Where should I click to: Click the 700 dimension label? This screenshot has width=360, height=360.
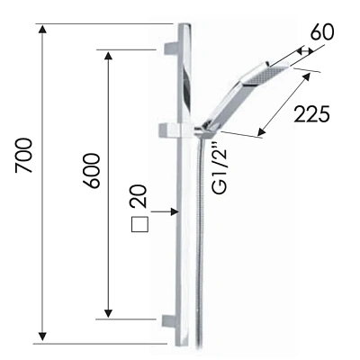click(x=23, y=156)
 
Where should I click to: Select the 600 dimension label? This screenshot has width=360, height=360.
click(x=91, y=171)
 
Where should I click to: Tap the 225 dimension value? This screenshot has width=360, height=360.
click(x=311, y=114)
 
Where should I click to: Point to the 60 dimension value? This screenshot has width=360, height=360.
click(x=322, y=32)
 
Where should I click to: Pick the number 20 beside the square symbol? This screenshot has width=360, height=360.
click(x=139, y=196)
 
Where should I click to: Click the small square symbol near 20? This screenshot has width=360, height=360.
click(x=139, y=224)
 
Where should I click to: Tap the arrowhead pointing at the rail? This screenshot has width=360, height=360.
click(x=175, y=211)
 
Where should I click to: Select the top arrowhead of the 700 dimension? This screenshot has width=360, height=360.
click(x=42, y=30)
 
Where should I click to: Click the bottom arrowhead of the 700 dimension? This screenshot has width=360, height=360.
click(x=43, y=337)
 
